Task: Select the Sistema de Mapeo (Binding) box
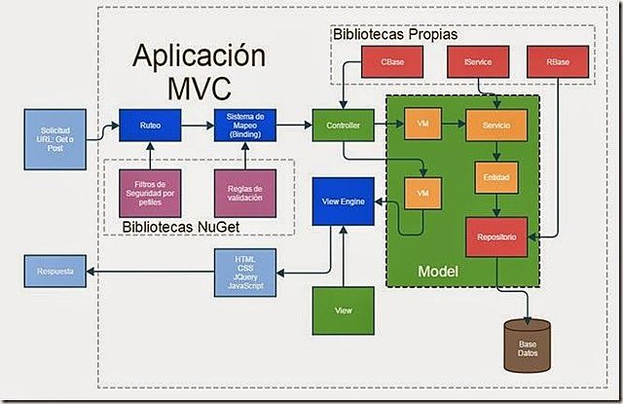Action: click(x=240, y=125)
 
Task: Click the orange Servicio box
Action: click(x=496, y=125)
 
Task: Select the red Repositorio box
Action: click(x=496, y=235)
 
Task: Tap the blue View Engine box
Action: click(x=336, y=201)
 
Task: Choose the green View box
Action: click(x=342, y=309)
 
